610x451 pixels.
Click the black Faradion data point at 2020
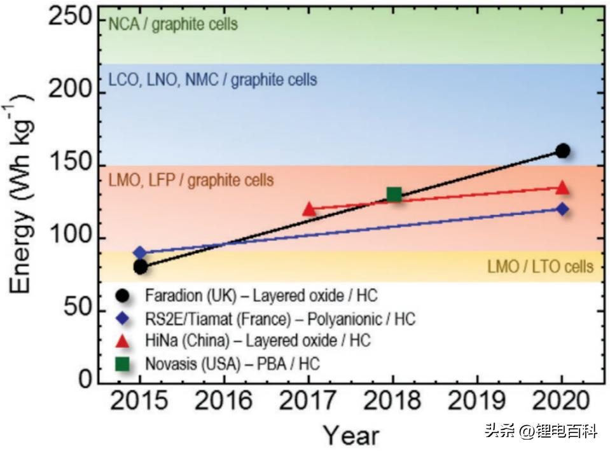click(x=562, y=151)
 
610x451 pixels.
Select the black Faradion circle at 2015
click(x=141, y=267)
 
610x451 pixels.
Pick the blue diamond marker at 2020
click(x=562, y=209)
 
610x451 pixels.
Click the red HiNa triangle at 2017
click(x=309, y=209)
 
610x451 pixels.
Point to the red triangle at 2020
click(x=562, y=188)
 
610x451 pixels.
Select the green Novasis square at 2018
click(x=394, y=194)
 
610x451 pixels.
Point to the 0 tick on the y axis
click(x=84, y=380)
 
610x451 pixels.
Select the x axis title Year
click(x=351, y=436)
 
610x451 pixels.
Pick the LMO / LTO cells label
click(x=540, y=266)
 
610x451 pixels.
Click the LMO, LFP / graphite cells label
click(x=191, y=180)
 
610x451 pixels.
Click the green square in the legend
click(x=123, y=364)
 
